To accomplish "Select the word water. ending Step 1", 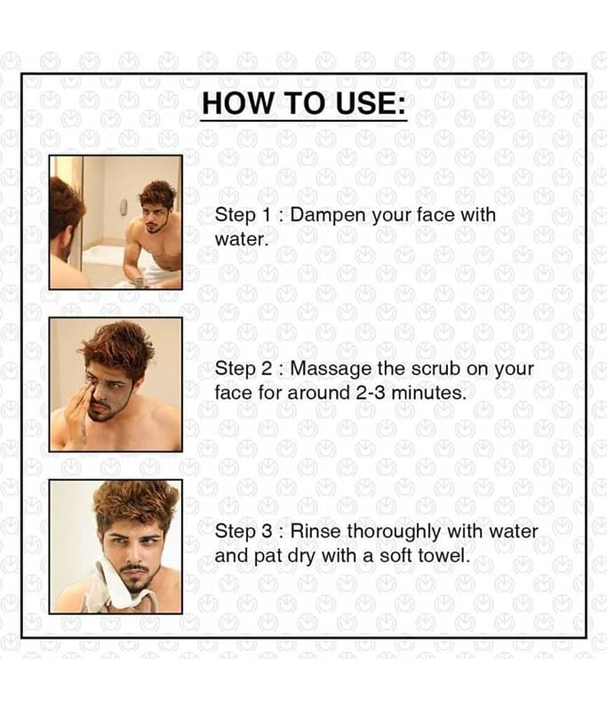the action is click(242, 239).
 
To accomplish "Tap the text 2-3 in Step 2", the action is click(371, 393).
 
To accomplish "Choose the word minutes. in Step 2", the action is click(428, 393).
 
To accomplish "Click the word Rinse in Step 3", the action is click(315, 531).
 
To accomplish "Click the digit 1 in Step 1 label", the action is click(266, 215).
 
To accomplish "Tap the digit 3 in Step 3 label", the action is click(267, 531).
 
